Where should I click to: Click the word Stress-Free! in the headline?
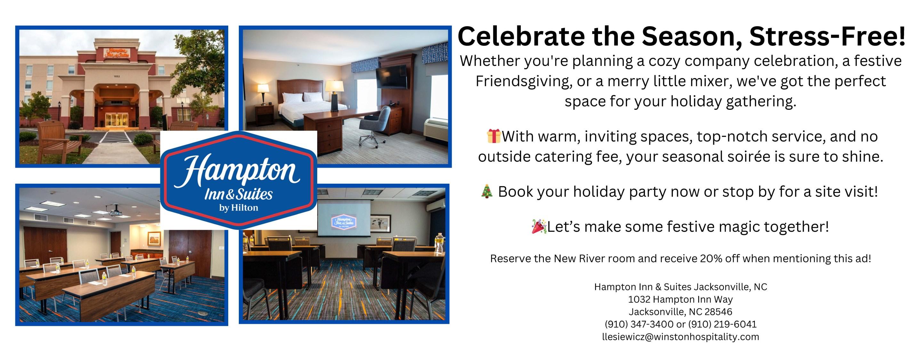click(x=827, y=36)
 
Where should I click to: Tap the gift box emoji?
click(x=494, y=136)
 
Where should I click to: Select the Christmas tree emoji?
click(x=487, y=191)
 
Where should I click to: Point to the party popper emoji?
click(x=539, y=226)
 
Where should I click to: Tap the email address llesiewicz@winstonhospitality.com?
click(x=681, y=337)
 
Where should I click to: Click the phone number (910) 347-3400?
click(x=639, y=324)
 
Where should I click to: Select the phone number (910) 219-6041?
click(x=722, y=324)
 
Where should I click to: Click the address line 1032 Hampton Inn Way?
click(x=681, y=299)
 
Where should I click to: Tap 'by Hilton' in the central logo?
click(x=238, y=208)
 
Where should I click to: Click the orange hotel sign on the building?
click(x=117, y=53)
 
